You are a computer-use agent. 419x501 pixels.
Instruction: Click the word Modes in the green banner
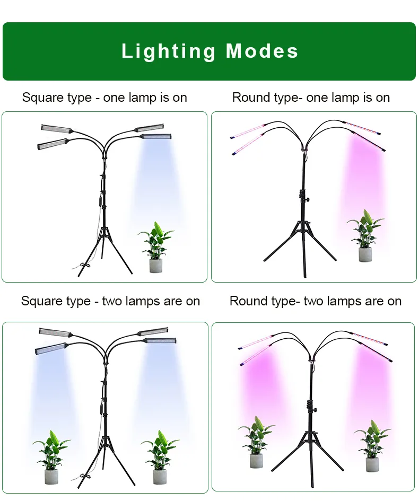point(262,51)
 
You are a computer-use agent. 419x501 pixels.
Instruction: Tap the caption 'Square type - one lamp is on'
point(104,98)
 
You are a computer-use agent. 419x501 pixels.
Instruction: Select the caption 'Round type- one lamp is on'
point(311,98)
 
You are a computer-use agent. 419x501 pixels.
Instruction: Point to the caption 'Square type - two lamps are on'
point(110,301)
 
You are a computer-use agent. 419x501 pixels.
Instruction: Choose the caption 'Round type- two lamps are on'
point(316,301)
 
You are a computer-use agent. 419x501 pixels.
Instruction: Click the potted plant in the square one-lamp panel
point(156,247)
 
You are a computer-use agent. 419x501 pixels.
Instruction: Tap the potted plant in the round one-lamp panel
point(365,236)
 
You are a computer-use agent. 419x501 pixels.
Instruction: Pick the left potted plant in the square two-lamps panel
point(51,457)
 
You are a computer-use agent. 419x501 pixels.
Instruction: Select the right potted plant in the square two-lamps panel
point(160,457)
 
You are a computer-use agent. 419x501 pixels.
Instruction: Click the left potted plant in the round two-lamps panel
point(256,442)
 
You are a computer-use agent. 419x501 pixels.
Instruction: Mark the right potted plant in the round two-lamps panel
point(372,446)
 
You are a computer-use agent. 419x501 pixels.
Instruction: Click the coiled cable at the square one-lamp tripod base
point(85,266)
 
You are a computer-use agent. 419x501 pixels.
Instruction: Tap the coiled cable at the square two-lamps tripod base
point(85,477)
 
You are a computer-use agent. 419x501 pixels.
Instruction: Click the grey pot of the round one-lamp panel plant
point(365,254)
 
